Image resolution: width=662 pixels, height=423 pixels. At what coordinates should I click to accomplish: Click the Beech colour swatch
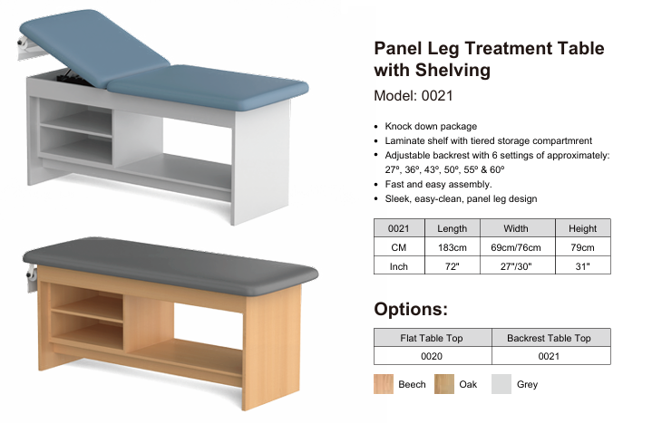384,384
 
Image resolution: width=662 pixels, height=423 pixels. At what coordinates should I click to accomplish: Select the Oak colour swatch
444,384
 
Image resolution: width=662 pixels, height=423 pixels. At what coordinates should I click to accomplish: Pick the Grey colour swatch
501,384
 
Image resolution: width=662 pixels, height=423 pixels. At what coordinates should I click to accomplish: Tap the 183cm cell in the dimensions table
453,247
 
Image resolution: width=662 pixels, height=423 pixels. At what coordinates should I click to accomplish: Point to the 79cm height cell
582,247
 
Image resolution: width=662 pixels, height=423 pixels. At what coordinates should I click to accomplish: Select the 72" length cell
453,265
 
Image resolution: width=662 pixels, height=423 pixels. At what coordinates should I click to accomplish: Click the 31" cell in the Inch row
582,265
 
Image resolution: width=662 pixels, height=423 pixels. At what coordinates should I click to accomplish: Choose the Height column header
582,228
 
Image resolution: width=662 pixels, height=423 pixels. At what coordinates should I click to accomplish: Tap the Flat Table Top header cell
433,338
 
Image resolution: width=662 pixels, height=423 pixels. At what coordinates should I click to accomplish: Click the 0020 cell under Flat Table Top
433,356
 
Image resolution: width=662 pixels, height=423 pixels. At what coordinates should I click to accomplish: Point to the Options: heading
411,309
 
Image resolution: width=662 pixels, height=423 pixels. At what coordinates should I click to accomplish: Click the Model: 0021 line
414,96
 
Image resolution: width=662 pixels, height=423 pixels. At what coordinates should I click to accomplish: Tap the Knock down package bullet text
431,126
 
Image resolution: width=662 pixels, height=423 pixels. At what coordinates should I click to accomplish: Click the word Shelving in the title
453,71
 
